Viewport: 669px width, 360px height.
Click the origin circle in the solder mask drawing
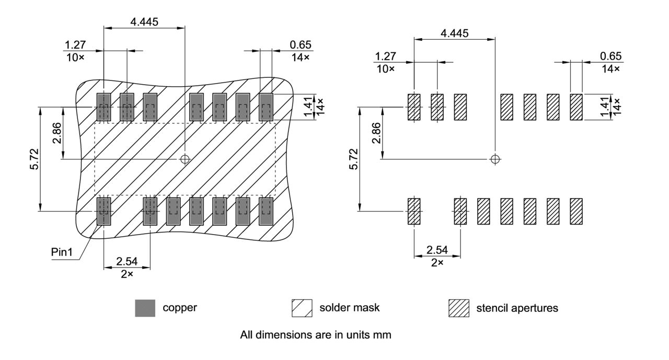[184, 159]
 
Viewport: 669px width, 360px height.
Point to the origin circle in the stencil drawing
[495, 159]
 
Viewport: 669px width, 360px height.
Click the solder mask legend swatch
[302, 309]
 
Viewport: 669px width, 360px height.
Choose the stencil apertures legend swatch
[459, 309]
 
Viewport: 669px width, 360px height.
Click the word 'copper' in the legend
[180, 308]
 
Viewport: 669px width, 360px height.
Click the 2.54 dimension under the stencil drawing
[437, 250]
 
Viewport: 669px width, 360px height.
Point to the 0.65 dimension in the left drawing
[300, 45]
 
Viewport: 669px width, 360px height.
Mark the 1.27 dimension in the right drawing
[385, 56]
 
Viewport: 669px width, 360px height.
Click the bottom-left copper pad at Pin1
[103, 212]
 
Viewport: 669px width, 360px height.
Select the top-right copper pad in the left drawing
[266, 107]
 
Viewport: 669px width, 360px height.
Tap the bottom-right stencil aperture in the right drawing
[576, 212]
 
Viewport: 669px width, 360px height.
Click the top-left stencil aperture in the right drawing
[414, 107]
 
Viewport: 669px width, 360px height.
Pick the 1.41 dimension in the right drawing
[604, 107]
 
